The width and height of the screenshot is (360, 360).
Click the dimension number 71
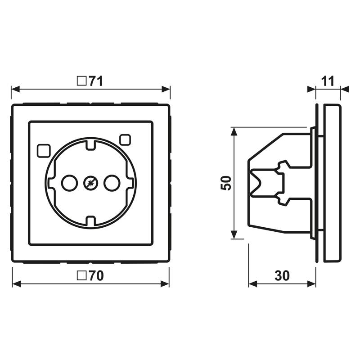tap(96, 81)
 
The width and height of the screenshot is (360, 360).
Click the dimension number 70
tap(96, 276)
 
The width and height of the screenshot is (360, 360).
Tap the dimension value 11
tap(328, 81)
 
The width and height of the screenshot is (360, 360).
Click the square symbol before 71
tap(81, 81)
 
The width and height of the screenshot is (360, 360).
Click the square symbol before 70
tap(81, 276)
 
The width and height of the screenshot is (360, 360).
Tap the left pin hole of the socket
tap(69, 183)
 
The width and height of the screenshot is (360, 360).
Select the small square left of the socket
tap(43, 150)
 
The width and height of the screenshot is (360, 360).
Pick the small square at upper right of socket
tap(125, 139)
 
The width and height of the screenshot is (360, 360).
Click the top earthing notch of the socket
tap(90, 145)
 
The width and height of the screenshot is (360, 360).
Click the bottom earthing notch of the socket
tap(90, 220)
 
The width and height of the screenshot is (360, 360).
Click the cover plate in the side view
tap(332, 182)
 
